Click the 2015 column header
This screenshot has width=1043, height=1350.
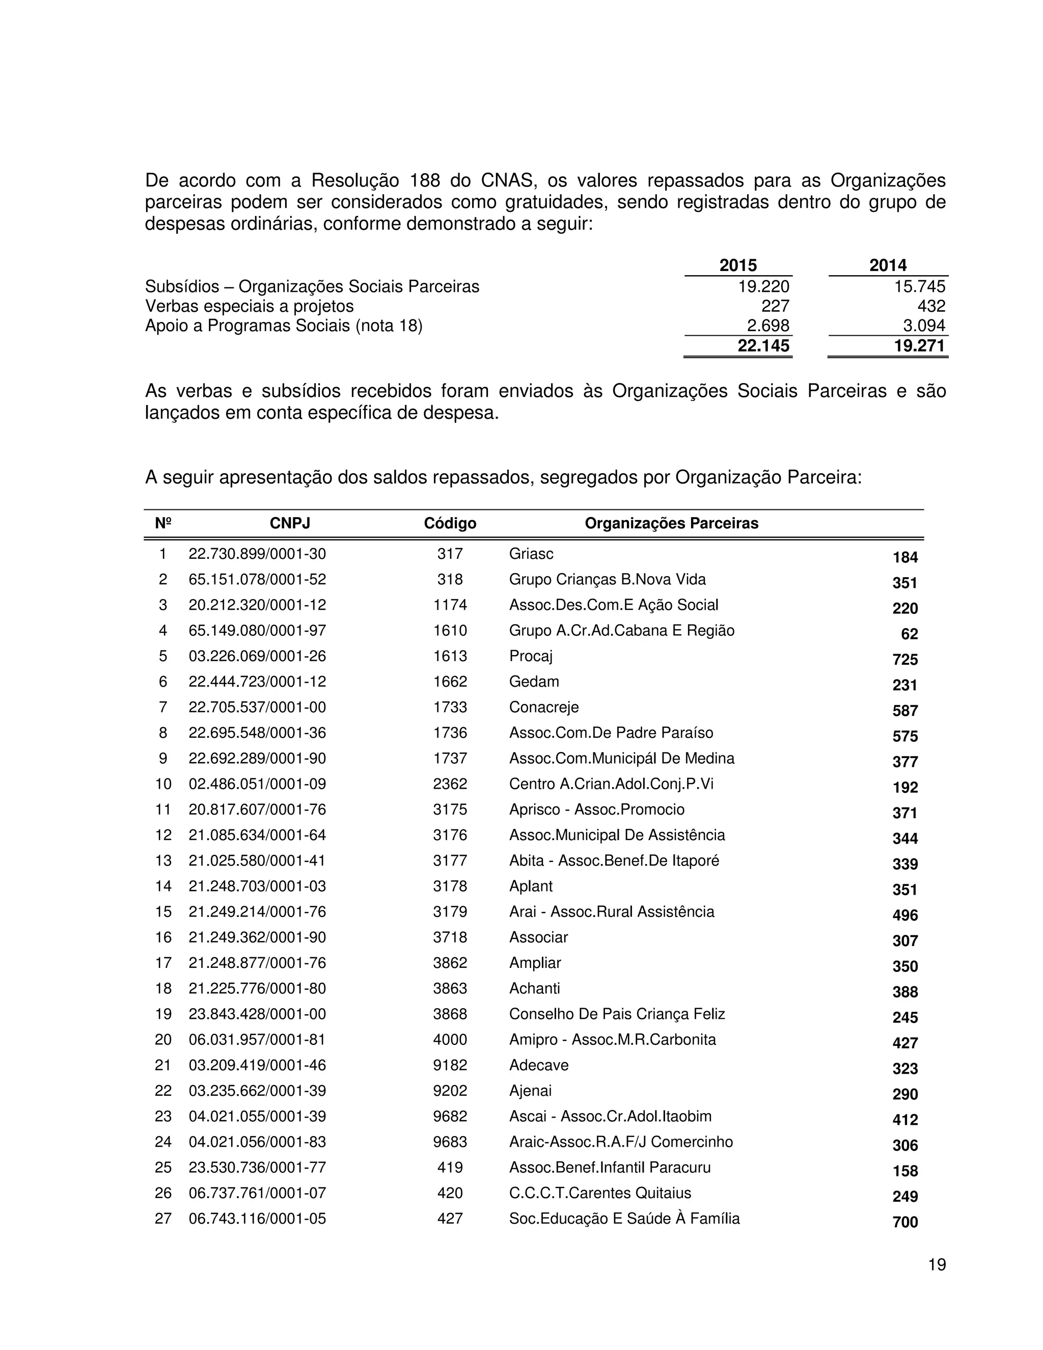[738, 265]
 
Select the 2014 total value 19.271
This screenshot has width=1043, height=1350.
[919, 346]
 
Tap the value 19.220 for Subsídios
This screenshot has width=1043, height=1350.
[764, 286]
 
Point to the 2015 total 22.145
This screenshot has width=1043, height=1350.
[764, 346]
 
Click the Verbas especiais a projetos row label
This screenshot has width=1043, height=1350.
[249, 306]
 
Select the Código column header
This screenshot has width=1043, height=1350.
[450, 524]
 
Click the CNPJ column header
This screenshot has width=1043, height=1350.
[290, 524]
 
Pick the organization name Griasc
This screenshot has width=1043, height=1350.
[531, 554]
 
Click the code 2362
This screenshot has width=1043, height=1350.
[450, 784]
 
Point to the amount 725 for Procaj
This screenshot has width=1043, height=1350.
[905, 660]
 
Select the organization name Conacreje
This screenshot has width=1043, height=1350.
[544, 707]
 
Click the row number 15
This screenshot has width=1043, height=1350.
[163, 912]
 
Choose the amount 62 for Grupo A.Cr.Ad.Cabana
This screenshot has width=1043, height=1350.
[910, 634]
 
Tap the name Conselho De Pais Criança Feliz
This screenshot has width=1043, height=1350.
[617, 1014]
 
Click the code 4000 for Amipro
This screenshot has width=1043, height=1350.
[450, 1040]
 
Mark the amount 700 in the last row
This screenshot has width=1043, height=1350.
[905, 1222]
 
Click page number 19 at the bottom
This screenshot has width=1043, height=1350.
[937, 1265]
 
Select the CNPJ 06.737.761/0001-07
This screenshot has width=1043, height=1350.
[257, 1193]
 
